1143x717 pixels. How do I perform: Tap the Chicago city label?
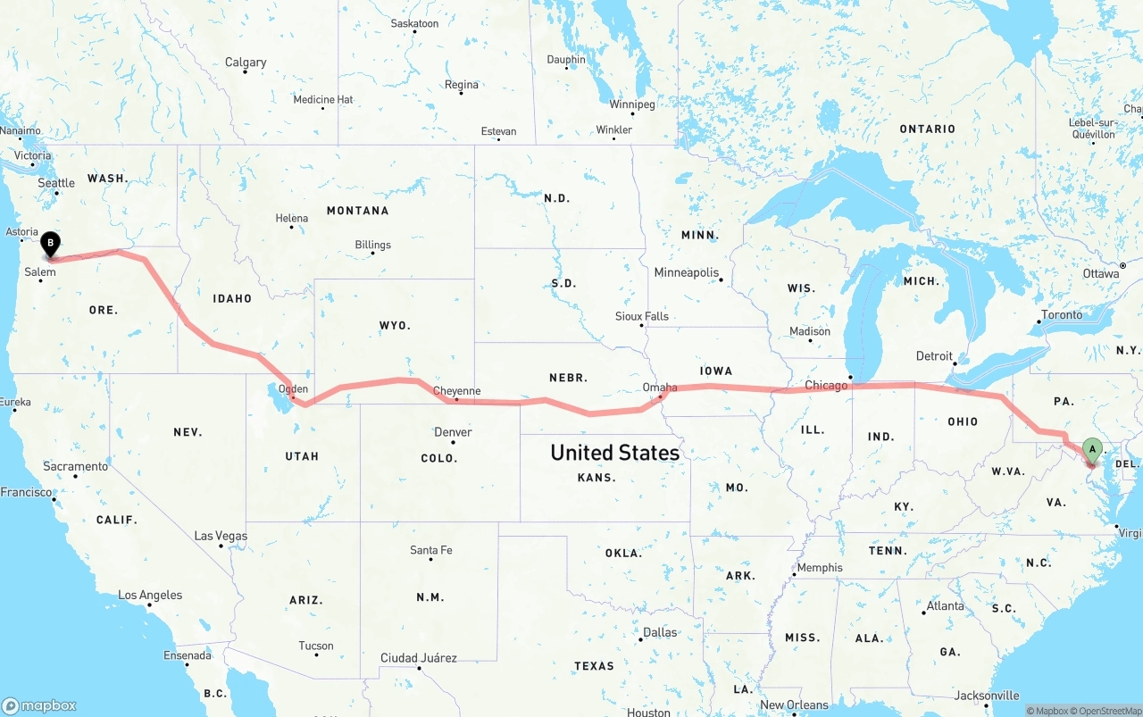(826, 386)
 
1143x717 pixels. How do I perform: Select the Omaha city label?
(660, 388)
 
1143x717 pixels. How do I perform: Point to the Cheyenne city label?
(456, 391)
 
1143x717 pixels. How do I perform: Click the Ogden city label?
(293, 389)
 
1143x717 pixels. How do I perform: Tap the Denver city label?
(453, 432)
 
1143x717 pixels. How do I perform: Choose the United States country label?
(614, 453)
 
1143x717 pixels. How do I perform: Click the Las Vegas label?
(221, 536)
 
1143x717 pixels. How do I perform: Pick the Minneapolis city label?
(686, 272)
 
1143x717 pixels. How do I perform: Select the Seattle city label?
(56, 183)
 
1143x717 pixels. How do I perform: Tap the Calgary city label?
(246, 63)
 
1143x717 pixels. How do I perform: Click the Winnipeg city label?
(632, 104)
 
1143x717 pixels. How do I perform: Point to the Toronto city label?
(1061, 314)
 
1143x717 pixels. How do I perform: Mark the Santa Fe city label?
(431, 550)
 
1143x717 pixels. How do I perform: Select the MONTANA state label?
(357, 211)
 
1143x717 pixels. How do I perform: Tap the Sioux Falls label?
(641, 316)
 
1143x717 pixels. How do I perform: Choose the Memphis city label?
(819, 568)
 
